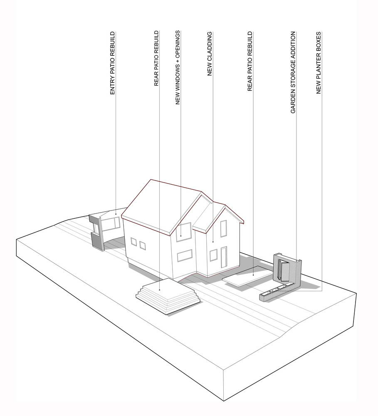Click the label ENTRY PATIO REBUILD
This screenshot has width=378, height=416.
coord(112,63)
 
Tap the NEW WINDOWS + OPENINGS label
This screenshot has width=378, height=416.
coord(178,67)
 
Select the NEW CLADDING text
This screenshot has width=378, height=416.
coord(210,54)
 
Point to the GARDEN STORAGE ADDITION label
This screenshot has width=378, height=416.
coord(293,72)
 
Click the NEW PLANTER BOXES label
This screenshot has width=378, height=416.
coord(319,63)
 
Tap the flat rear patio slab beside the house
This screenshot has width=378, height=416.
coord(247,276)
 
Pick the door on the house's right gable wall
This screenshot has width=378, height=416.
coord(224,257)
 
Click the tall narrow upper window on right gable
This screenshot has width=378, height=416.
coord(223,229)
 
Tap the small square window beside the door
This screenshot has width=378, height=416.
coord(213,255)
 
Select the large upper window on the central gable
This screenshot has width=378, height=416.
coord(183,232)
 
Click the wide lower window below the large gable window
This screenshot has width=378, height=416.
coord(185,255)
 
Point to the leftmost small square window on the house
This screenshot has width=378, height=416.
coord(133,242)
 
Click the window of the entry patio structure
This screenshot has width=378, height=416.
coord(111,223)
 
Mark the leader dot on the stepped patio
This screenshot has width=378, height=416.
coord(159,290)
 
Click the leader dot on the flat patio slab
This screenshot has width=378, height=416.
coord(253,275)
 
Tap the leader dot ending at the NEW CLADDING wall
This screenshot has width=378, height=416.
coord(213,242)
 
